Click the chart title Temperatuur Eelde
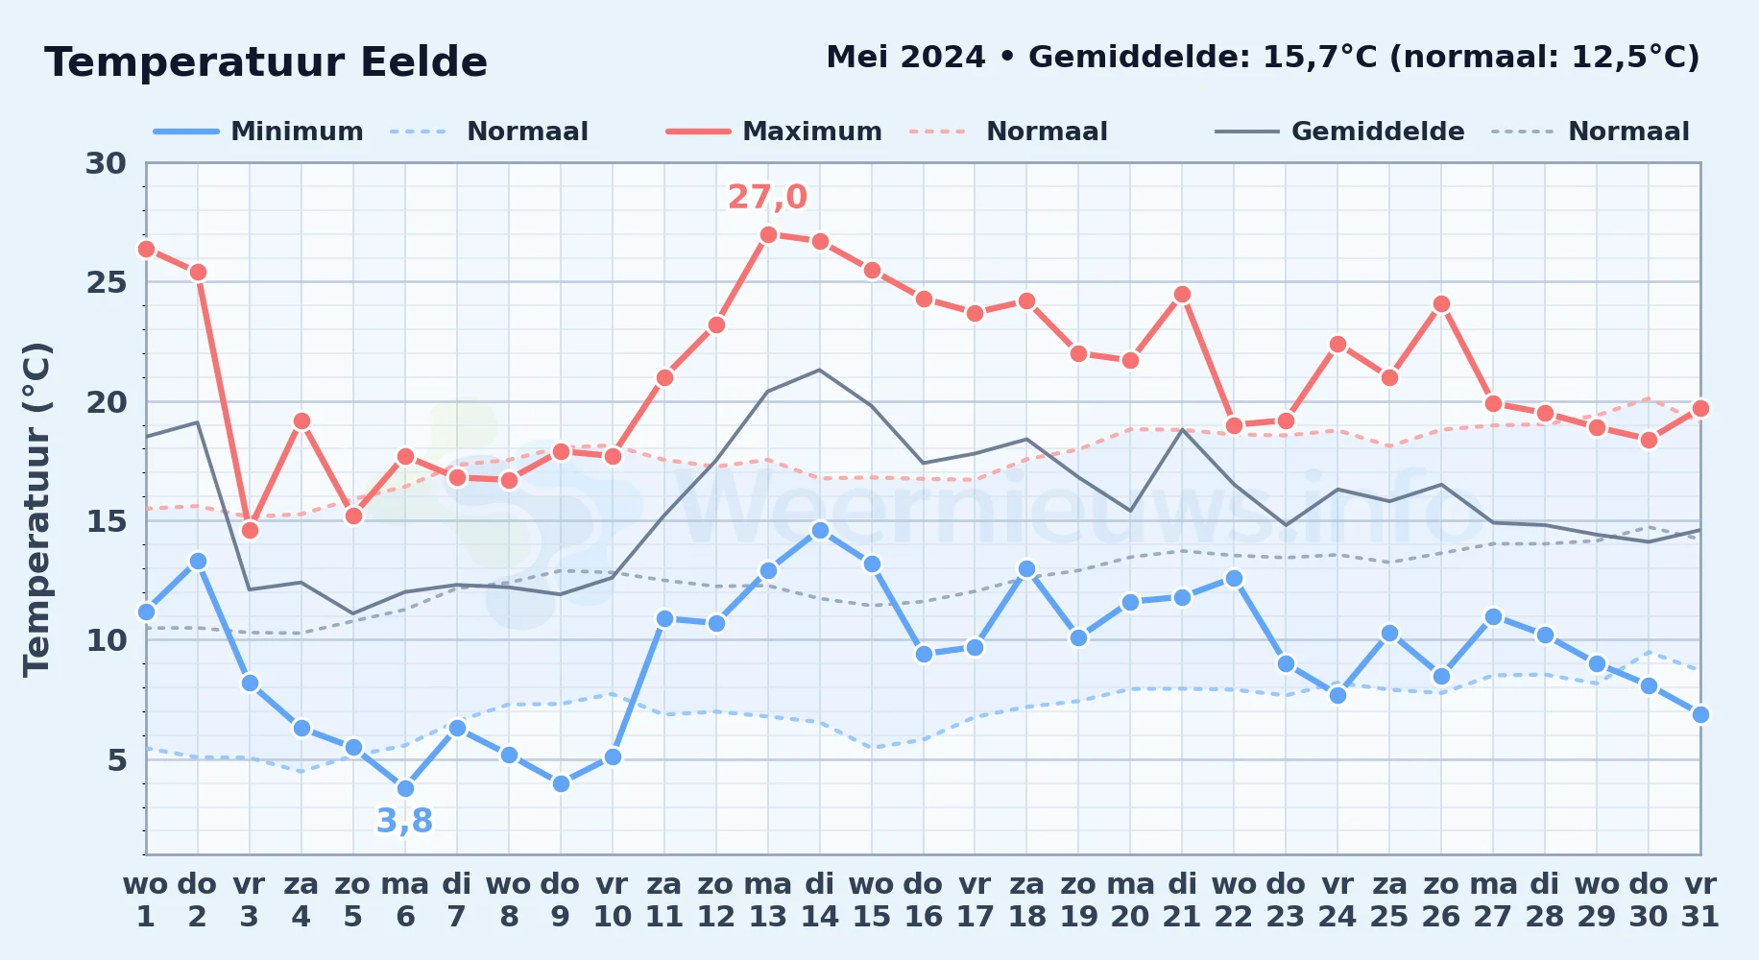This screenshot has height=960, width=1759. click(266, 62)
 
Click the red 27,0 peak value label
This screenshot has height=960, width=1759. click(767, 197)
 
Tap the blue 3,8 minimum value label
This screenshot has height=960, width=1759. click(404, 821)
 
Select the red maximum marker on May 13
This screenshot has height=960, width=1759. click(768, 234)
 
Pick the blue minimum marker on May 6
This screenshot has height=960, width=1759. click(405, 788)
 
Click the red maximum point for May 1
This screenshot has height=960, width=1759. click(146, 249)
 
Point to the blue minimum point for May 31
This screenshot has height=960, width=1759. click(1700, 714)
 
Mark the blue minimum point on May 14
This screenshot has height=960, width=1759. click(820, 530)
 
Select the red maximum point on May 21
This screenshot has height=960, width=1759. click(1182, 294)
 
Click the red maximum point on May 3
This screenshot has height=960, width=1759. click(250, 530)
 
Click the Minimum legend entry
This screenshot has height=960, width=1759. click(259, 132)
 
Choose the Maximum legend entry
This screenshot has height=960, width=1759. click(775, 132)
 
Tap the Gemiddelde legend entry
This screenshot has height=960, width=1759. click(1340, 132)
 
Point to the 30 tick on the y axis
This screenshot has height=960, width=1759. click(106, 163)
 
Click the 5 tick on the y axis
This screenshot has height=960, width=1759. click(117, 760)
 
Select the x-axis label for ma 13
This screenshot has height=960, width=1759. click(768, 900)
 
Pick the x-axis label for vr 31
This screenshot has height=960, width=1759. click(1700, 900)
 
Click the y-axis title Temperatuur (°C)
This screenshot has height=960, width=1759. click(37, 509)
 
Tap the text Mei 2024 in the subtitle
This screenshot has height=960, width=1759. click(905, 58)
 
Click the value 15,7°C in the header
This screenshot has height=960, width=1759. click(1319, 58)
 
